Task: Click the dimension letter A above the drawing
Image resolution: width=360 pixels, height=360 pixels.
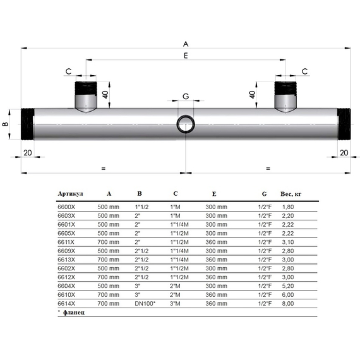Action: [186, 44]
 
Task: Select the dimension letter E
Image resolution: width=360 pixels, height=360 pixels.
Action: [186, 57]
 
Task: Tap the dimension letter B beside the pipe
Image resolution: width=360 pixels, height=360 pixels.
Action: [6, 124]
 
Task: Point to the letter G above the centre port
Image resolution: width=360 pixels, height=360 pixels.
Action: [186, 96]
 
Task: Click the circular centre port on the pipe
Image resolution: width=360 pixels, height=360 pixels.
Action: [186, 123]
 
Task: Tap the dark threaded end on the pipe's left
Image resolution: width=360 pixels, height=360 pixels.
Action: [28, 124]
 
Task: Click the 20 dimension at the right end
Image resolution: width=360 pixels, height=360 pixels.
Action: [344, 153]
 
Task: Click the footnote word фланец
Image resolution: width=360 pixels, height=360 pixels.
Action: [73, 313]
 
